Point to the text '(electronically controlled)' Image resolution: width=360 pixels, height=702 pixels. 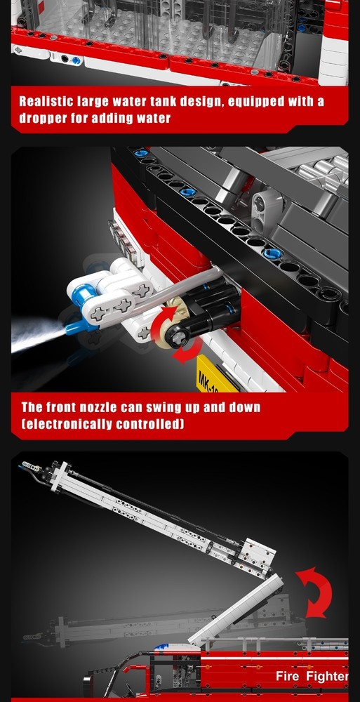102,423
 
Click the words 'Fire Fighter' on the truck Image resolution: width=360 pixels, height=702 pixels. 311,675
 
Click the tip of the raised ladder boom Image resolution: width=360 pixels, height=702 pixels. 22,468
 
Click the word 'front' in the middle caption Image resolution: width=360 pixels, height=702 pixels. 60,407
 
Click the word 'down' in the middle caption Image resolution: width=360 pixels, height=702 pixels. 244,407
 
